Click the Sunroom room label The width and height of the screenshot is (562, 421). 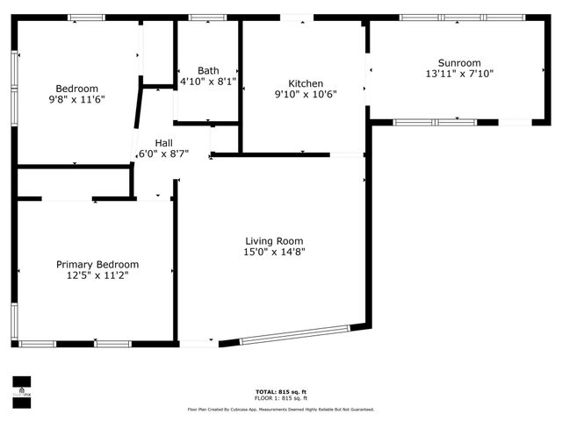(459, 62)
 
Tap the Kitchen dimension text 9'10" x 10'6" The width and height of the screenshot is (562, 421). (306, 95)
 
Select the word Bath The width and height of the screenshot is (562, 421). (208, 71)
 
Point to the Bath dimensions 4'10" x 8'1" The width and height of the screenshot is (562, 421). (208, 82)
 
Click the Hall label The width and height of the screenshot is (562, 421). (164, 142)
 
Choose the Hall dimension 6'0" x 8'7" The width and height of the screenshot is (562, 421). (164, 153)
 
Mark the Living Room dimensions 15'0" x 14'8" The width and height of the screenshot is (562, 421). (274, 253)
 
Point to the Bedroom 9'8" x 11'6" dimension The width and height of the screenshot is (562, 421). (77, 100)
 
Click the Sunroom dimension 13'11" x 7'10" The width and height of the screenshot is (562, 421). (459, 74)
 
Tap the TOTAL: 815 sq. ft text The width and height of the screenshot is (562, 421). (280, 392)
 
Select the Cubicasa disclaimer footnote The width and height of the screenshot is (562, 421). (280, 409)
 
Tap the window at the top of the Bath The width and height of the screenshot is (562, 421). (207, 18)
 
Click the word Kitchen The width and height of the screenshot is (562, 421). (306, 83)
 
